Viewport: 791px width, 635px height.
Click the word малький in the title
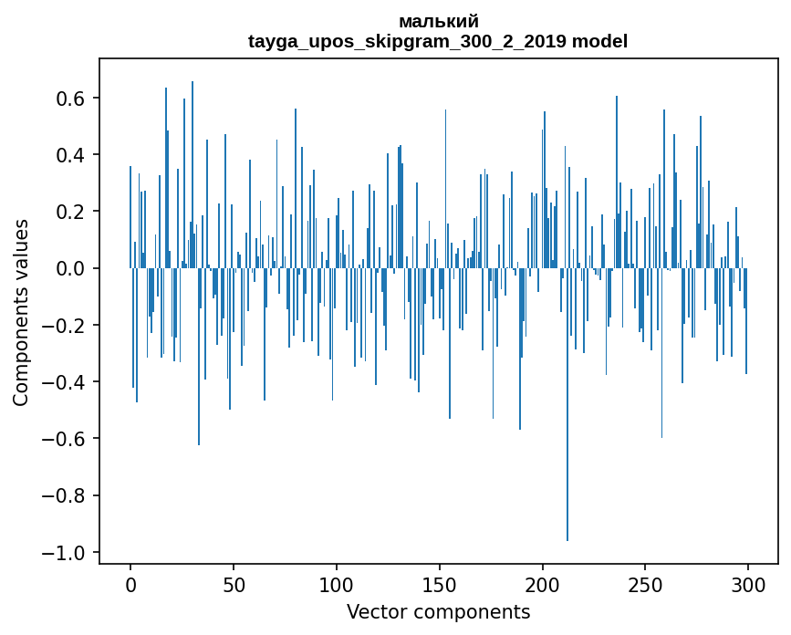(x=438, y=22)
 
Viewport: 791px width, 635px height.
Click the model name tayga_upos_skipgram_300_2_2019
(x=408, y=41)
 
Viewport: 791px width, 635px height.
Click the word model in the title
(x=599, y=41)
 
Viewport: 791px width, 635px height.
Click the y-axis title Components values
(x=21, y=313)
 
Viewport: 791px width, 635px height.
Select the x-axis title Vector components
(x=438, y=612)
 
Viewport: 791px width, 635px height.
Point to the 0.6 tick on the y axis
(x=70, y=98)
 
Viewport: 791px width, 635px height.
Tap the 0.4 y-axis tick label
(x=70, y=154)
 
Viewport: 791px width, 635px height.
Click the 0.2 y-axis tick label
(x=70, y=212)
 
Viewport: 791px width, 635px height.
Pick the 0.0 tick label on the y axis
(x=70, y=268)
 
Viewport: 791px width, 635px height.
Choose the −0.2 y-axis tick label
(x=63, y=326)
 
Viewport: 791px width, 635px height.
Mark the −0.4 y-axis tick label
(x=63, y=381)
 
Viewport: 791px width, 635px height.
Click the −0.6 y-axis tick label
(x=63, y=439)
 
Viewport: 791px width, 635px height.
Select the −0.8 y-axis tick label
(x=63, y=495)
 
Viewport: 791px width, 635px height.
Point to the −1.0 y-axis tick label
(x=63, y=553)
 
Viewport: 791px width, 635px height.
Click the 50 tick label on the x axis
(x=234, y=586)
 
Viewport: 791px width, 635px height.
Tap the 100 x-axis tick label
(x=337, y=586)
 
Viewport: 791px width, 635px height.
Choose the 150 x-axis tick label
(x=440, y=586)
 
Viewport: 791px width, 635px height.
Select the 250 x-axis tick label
(x=645, y=586)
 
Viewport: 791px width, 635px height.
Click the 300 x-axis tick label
(x=748, y=586)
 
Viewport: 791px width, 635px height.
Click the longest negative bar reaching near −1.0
(x=567, y=404)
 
